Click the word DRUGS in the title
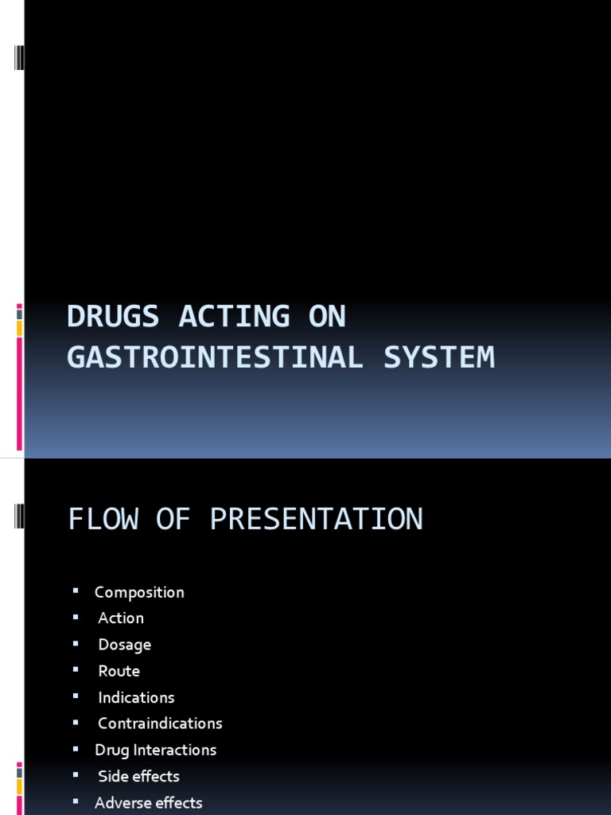tap(114, 317)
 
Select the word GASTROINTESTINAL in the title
tap(215, 357)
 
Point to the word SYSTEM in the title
tap(439, 357)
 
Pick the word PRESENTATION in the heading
tap(316, 520)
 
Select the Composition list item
tap(139, 592)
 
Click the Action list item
tap(121, 618)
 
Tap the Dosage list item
tap(124, 645)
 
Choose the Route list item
tap(119, 671)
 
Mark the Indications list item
tap(136, 697)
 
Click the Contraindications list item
tap(160, 723)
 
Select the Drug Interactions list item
tap(155, 750)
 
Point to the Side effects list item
tap(138, 776)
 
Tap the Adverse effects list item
tap(148, 802)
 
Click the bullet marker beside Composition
tap(76, 591)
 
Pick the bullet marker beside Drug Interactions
tap(76, 748)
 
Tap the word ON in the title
tap(326, 317)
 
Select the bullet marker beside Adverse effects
tap(76, 801)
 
